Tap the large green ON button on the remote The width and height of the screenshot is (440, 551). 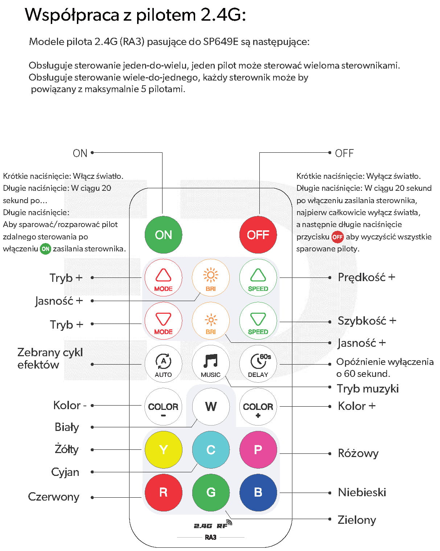point(163,235)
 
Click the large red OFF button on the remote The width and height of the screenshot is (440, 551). point(258,235)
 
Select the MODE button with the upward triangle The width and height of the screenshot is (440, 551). point(163,278)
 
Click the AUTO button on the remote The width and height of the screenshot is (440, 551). point(163,364)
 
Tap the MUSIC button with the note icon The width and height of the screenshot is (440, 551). point(211,364)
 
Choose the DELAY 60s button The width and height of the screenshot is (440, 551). point(258,364)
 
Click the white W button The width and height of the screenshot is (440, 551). point(211,407)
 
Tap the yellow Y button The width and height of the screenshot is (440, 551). point(163,450)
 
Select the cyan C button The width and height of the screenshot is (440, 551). point(211,450)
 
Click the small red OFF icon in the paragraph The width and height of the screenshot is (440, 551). point(337,237)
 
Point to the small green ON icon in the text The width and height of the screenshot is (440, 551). point(45,249)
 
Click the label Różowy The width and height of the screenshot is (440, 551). point(358,453)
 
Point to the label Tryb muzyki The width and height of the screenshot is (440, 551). point(367,388)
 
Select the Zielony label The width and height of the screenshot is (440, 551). point(357,520)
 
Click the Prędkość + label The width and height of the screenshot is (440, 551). point(366,277)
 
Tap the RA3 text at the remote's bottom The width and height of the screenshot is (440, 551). point(210,537)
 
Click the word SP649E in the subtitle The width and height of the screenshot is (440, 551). point(221,42)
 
